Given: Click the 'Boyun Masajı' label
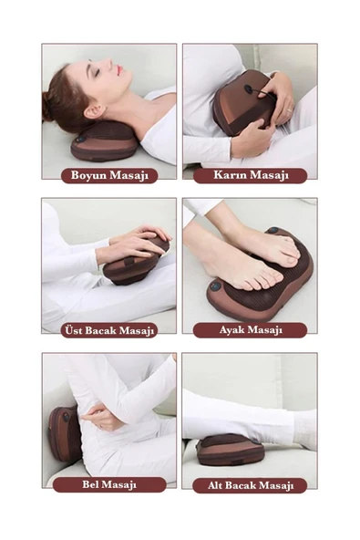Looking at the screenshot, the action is pos(109,175).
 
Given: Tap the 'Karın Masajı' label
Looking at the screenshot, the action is pos(251,175).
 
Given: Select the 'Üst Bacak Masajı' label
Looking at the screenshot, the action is pos(109,330).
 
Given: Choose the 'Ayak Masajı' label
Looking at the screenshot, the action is pos(251,330).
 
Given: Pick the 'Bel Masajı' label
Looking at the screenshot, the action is pos(109,484).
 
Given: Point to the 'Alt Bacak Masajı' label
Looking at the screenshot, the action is pos(251,485).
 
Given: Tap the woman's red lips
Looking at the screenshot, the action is pos(119,70).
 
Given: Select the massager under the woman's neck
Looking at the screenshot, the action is pos(104,142).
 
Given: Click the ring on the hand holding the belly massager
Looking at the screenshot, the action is pos(289,109).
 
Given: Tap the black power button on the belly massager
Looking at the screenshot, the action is pos(249,88).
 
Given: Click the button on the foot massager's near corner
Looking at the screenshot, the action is pos(215,286).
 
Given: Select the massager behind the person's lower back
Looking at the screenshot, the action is pos(64,433).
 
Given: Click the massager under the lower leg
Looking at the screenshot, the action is pos(230,450).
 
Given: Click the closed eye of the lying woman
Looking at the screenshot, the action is pos(96,73).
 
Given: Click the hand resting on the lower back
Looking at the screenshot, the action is pos(100,416).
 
